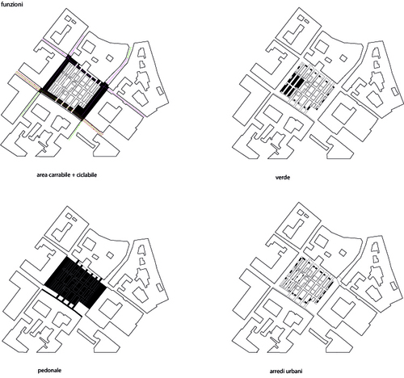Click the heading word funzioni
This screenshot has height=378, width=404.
[x=12, y=5]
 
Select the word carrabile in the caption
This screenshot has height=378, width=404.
[x=60, y=175]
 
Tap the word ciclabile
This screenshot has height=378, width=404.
[x=86, y=175]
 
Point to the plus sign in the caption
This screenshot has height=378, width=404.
[x=74, y=175]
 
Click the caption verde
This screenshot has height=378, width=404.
[x=283, y=178]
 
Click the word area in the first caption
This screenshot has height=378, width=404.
[x=43, y=175]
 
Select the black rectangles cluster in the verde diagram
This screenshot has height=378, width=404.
[x=292, y=83]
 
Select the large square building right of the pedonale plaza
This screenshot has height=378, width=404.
[x=109, y=307]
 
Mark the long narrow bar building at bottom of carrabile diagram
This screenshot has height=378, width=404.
[x=86, y=140]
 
